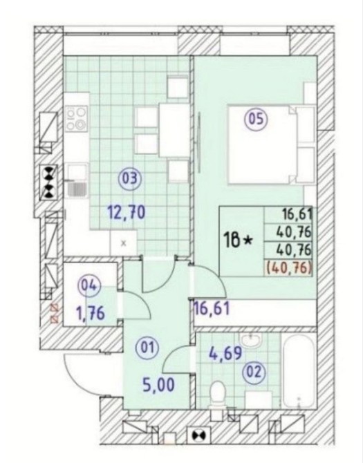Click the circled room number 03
coord(130,179)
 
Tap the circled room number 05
coord(256,120)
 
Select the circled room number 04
coord(89,286)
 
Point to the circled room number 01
coord(147,348)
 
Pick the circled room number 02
coord(254,372)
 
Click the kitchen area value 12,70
coord(127,212)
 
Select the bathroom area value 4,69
coord(225,353)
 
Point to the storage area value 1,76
coord(91,314)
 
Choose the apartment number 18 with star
coord(239,240)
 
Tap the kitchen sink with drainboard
coord(77,180)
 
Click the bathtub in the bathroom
coord(299,371)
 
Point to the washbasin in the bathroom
coord(250,341)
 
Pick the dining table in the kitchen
coord(174,130)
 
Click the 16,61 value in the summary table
coord(297,214)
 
